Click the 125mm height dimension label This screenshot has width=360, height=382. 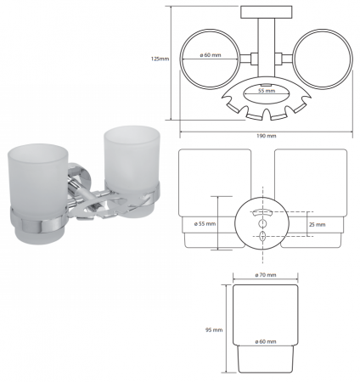(x=160, y=59)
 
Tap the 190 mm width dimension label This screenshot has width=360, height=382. (x=266, y=136)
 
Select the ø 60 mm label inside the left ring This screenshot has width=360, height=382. (x=211, y=55)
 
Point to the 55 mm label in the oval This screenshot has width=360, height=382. (x=267, y=91)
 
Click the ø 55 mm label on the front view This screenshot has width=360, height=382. (x=205, y=224)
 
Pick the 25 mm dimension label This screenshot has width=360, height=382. (x=318, y=225)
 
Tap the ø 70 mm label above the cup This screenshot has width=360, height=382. (x=266, y=275)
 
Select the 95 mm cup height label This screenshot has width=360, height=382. (x=214, y=330)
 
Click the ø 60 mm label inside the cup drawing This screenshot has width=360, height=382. (x=266, y=341)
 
